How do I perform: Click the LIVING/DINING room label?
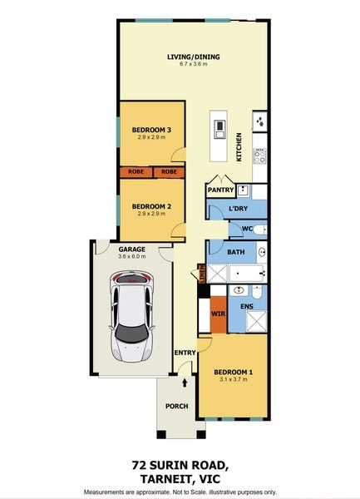pos(193,57)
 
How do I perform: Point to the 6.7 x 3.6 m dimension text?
pos(193,65)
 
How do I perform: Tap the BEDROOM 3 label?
pos(152,129)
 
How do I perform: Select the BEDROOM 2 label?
pos(152,205)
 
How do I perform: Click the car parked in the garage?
pos(132,319)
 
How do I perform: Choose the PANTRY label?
pos(220,190)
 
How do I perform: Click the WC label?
pos(247,229)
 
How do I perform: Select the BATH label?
pos(235,251)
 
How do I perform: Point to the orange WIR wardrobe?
pos(219,314)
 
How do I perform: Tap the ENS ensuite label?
pos(246,308)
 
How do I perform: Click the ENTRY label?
pos(185,353)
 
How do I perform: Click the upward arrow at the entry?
pos(185,384)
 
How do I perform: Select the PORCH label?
pos(176,406)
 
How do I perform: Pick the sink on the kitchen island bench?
pos(220,129)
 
